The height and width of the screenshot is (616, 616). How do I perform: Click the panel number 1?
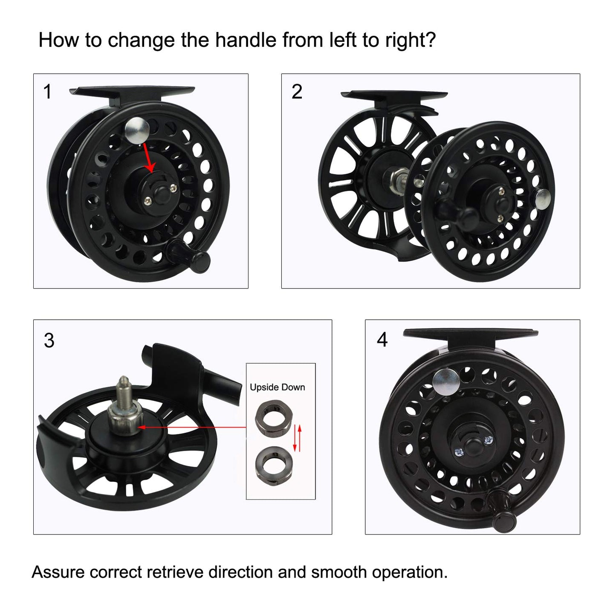tap(47, 92)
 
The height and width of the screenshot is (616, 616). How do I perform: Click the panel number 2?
tap(297, 92)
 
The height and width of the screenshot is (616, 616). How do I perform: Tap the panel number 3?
tap(49, 341)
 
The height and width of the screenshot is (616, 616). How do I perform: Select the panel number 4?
tap(382, 340)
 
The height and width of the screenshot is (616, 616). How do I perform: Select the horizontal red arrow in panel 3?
tap(192, 426)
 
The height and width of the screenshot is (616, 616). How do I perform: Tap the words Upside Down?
tap(277, 387)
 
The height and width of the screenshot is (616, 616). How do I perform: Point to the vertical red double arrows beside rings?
tap(297, 438)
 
